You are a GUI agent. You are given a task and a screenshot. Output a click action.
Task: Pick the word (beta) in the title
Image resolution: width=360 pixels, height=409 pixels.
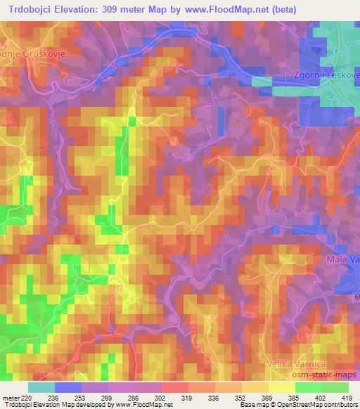tap(278, 10)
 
